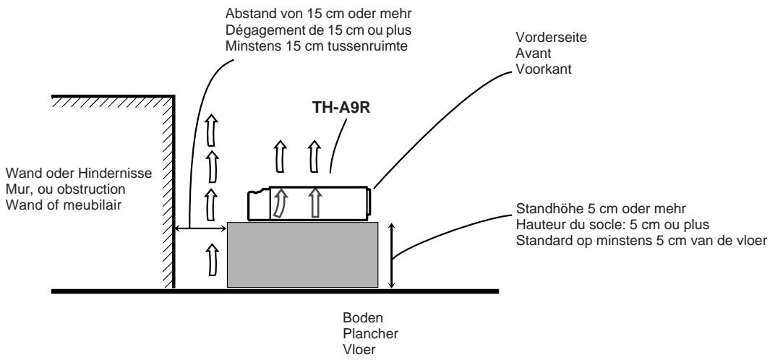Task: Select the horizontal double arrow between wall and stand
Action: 201,229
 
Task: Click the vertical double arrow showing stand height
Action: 391,255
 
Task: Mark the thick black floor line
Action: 275,291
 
